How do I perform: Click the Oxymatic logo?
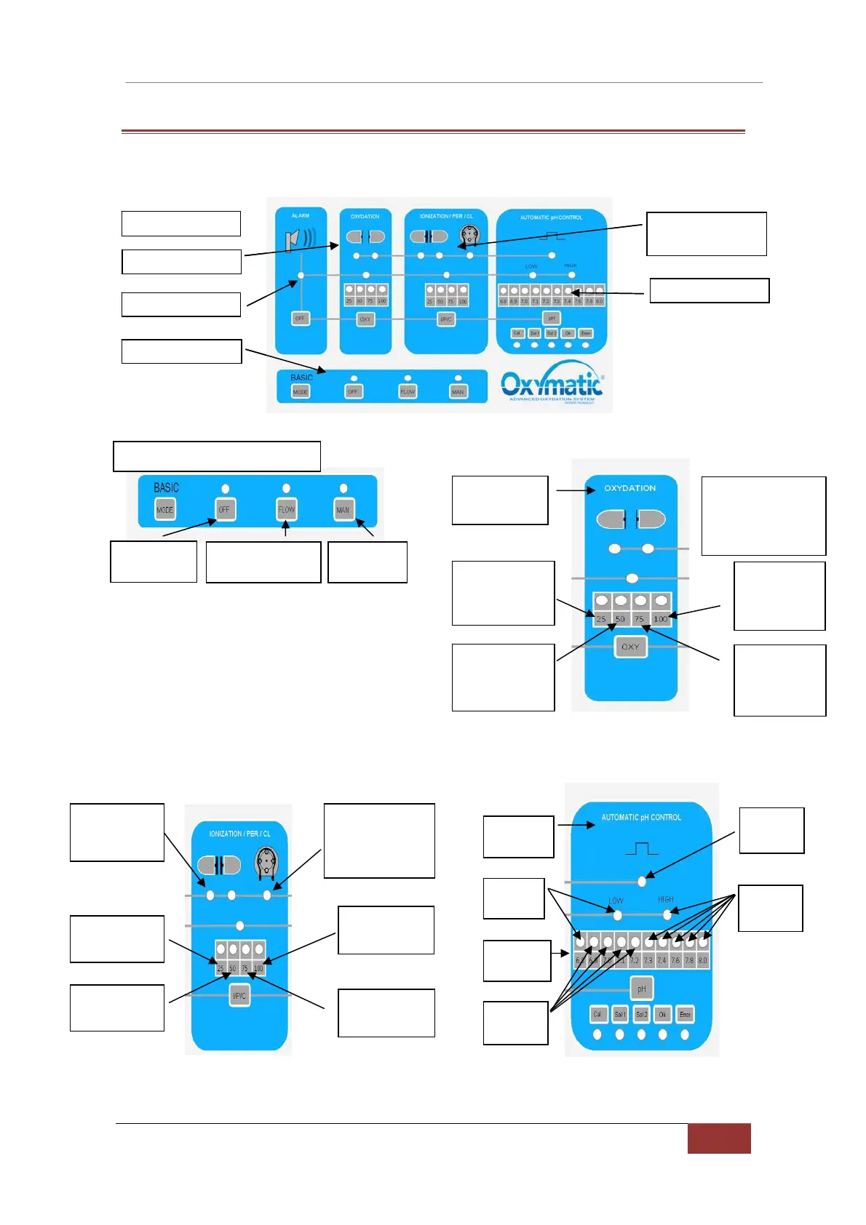tap(551, 383)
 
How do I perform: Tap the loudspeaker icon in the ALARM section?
tap(299, 239)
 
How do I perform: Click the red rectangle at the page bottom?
tap(718, 1138)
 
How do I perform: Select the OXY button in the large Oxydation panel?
tap(630, 647)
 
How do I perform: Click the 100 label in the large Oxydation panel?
tap(660, 619)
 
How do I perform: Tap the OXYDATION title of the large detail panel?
tap(629, 488)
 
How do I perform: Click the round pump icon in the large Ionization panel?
tap(266, 863)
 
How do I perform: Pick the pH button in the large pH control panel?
tap(641, 989)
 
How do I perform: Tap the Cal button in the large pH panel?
tap(597, 1014)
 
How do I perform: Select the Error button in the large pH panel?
tap(685, 1014)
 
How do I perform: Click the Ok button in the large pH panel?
tap(662, 1014)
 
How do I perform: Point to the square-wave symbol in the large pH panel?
tap(641, 848)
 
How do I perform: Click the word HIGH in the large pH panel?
tap(665, 900)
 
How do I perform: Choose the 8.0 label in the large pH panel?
tap(702, 960)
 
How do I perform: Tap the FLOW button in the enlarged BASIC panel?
tap(286, 509)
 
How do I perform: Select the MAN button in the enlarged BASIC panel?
tap(343, 509)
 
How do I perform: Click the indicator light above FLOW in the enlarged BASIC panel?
tap(286, 488)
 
